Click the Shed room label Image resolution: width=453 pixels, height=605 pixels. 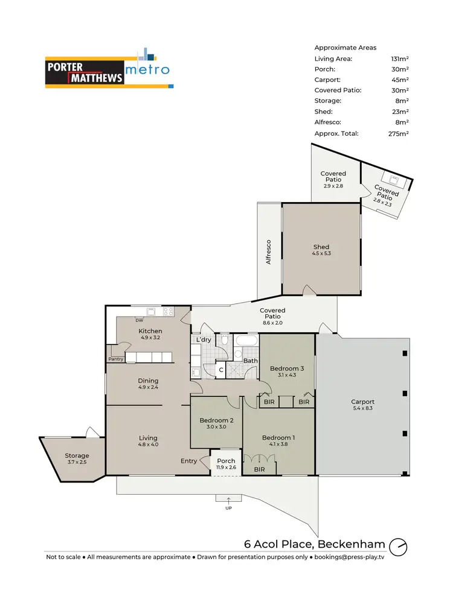coord(321,247)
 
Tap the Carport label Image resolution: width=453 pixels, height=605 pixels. coord(363,402)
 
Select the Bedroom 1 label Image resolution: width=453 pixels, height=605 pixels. coord(278,438)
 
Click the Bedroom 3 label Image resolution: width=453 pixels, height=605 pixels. coord(287,369)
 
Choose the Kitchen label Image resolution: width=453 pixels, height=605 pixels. coord(150,331)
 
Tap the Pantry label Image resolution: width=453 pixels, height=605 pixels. coord(117,359)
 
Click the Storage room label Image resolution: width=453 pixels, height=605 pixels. coord(77,455)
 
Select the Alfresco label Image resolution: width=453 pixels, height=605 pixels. coord(269,252)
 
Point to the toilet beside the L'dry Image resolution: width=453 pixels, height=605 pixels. coord(223,341)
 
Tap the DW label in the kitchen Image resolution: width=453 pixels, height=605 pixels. coord(139,320)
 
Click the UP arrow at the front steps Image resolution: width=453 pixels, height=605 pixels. coord(229,499)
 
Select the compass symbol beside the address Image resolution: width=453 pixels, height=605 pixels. coord(398,546)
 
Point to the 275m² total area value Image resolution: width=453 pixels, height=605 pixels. coord(400,133)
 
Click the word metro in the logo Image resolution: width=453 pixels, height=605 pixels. coord(147,70)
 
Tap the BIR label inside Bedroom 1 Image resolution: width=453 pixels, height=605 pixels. coord(260,469)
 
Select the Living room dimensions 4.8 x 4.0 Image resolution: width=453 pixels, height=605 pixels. coord(148,445)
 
